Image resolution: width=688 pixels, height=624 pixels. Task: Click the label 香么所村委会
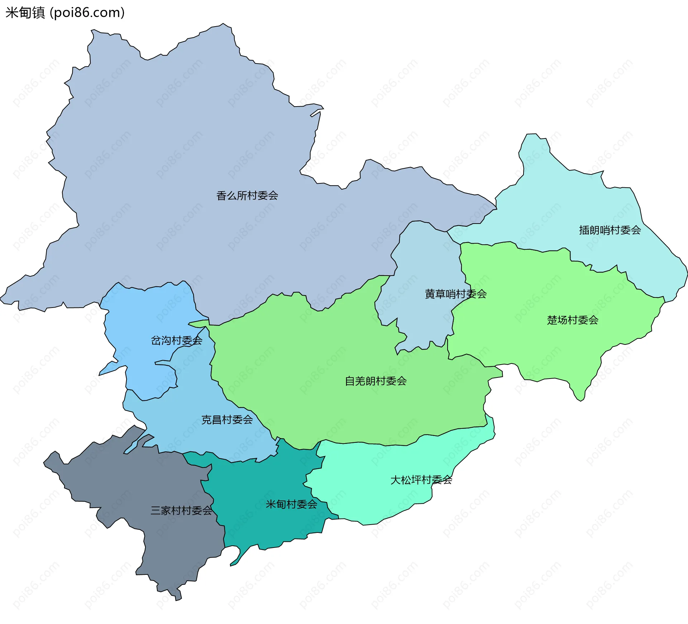[247, 196]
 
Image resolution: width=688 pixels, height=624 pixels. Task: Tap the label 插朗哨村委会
[610, 230]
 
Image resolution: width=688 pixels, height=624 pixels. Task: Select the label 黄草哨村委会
[455, 294]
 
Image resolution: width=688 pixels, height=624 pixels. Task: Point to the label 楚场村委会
[573, 320]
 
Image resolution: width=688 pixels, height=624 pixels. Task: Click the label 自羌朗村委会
[376, 381]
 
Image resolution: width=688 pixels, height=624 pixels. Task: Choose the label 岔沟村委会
[176, 341]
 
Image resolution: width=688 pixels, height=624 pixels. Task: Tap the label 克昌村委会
[227, 420]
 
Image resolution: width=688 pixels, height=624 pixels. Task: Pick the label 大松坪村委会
[421, 480]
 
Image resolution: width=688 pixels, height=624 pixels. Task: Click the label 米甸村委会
[291, 505]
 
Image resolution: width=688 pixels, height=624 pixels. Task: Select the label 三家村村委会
[181, 511]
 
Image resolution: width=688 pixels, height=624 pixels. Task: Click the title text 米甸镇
[25, 13]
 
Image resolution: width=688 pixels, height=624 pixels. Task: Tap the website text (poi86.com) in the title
[87, 13]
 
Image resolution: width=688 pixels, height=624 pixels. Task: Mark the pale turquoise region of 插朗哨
[573, 201]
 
